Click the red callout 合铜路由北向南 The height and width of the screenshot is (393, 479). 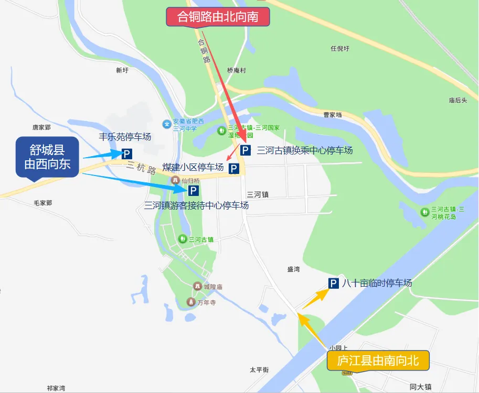pyautogui.click(x=218, y=17)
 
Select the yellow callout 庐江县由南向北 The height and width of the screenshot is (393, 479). pyautogui.click(x=378, y=361)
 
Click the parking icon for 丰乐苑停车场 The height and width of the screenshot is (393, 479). pyautogui.click(x=126, y=154)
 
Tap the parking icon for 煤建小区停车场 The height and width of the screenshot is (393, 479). pyautogui.click(x=234, y=169)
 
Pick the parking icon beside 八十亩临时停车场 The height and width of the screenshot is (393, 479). pyautogui.click(x=333, y=283)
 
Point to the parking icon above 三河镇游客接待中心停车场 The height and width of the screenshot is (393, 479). pyautogui.click(x=194, y=191)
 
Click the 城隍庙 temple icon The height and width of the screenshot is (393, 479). pyautogui.click(x=197, y=287)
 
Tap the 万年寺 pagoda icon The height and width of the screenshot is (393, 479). pyautogui.click(x=190, y=302)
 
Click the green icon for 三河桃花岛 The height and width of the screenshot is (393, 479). pyautogui.click(x=424, y=212)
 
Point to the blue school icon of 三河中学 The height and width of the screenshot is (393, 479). pyautogui.click(x=167, y=124)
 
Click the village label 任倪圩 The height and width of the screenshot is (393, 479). pyautogui.click(x=340, y=49)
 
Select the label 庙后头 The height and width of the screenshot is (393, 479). pyautogui.click(x=457, y=100)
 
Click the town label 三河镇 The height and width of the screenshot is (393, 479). pyautogui.click(x=258, y=194)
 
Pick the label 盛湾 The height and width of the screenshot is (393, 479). pyautogui.click(x=293, y=269)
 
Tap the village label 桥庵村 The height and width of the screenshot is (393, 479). pyautogui.click(x=237, y=70)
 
